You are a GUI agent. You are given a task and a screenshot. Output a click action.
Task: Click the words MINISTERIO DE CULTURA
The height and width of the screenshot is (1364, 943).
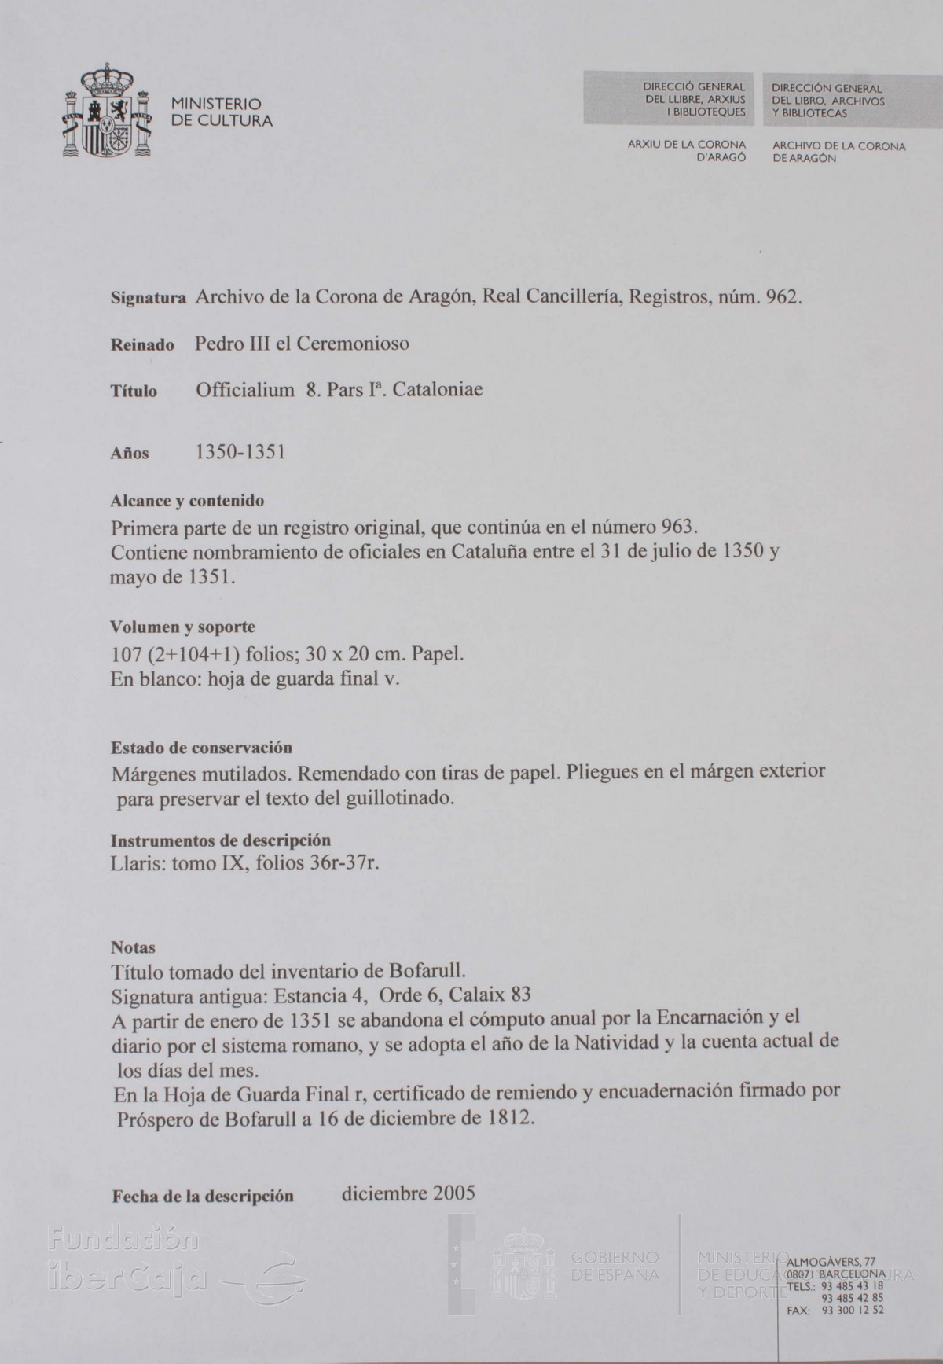(222, 112)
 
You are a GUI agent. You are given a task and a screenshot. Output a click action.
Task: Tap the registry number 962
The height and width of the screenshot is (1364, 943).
(781, 297)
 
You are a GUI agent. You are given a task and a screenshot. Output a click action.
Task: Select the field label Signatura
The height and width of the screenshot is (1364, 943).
(148, 299)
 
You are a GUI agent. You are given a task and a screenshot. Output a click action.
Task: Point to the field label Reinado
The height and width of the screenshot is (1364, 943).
(142, 345)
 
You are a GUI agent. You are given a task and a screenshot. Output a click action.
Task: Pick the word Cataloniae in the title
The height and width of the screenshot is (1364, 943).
(437, 390)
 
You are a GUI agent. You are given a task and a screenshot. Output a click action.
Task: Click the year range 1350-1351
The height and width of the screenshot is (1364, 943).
(240, 452)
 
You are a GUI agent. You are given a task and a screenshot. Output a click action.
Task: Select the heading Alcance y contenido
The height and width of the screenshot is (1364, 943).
(187, 501)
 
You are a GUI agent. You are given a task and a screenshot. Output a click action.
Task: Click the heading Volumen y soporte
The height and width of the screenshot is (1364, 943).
(182, 627)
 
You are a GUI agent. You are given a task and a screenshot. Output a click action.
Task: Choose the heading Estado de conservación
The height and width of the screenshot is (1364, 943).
(201, 747)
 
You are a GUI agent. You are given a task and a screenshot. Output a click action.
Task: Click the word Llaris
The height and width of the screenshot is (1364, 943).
(138, 863)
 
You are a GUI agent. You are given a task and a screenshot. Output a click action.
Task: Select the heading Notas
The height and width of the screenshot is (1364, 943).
(133, 947)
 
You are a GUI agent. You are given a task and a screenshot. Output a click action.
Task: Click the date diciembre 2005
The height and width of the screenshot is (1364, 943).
(409, 1193)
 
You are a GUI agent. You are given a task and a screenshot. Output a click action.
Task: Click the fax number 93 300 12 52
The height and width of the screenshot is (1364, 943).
(853, 1310)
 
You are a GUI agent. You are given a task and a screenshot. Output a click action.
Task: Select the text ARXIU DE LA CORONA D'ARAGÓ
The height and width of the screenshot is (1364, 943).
(686, 151)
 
